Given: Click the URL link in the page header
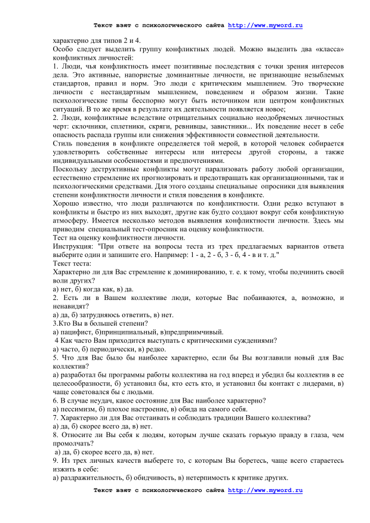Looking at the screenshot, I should coord(266,26).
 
